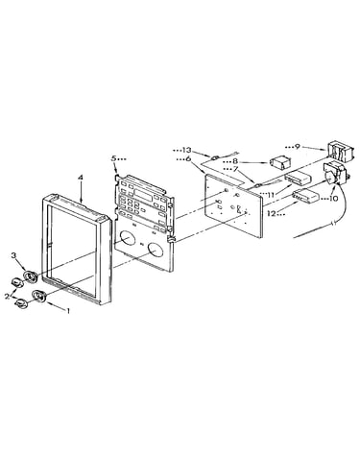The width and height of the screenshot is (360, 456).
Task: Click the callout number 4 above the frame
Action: (81, 177)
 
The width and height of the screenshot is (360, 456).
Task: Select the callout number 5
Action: (113, 158)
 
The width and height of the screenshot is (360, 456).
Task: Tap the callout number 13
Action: (186, 150)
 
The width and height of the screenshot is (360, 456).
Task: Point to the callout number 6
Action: (188, 158)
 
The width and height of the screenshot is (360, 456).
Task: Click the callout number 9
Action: (298, 147)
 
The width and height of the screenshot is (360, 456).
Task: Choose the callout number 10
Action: (333, 199)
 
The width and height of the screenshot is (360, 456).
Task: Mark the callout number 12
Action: (272, 213)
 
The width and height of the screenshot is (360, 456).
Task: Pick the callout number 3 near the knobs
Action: (13, 255)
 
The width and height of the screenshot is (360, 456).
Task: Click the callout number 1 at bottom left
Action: (67, 310)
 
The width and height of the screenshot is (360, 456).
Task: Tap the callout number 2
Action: (7, 296)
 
